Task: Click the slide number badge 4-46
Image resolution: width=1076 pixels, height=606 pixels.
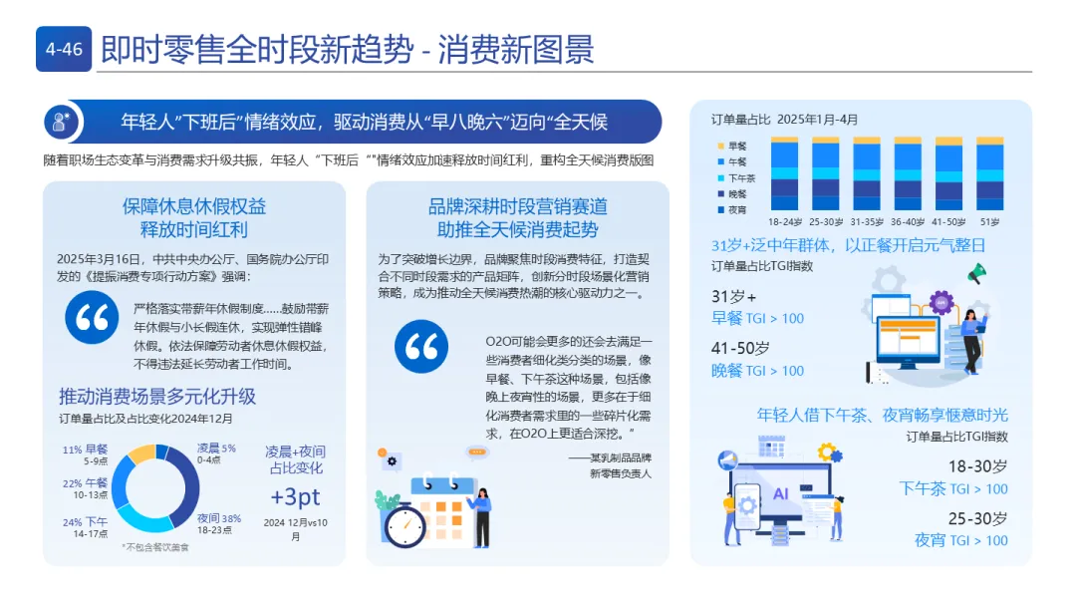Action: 65,48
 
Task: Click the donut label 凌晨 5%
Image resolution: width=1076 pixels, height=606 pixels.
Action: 215,448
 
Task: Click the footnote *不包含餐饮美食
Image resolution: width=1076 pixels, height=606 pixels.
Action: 155,547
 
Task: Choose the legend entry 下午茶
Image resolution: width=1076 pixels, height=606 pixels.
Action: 739,176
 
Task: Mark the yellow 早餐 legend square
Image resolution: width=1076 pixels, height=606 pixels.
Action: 718,146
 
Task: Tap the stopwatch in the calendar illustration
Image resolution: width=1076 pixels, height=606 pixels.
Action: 405,523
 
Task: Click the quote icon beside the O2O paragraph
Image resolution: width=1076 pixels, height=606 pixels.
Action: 421,347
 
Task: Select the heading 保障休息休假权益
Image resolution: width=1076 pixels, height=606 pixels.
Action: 194,206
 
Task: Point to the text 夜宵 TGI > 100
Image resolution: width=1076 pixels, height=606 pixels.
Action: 960,540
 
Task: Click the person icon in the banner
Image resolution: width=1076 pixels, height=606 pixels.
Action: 62,122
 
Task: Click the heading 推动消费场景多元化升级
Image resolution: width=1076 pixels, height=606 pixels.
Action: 157,396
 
